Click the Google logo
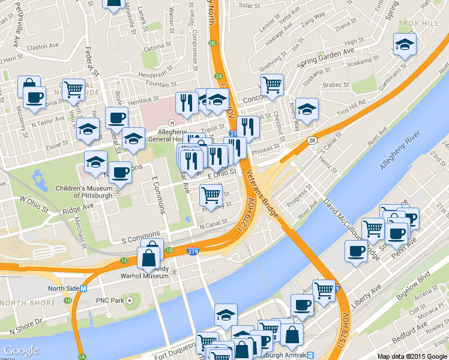coord(21,350)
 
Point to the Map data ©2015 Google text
coord(412,356)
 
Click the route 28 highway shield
coord(312,140)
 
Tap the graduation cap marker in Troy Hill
coord(405,44)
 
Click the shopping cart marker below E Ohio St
coord(211,195)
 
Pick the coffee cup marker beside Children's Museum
coord(121,172)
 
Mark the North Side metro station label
coord(67,288)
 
